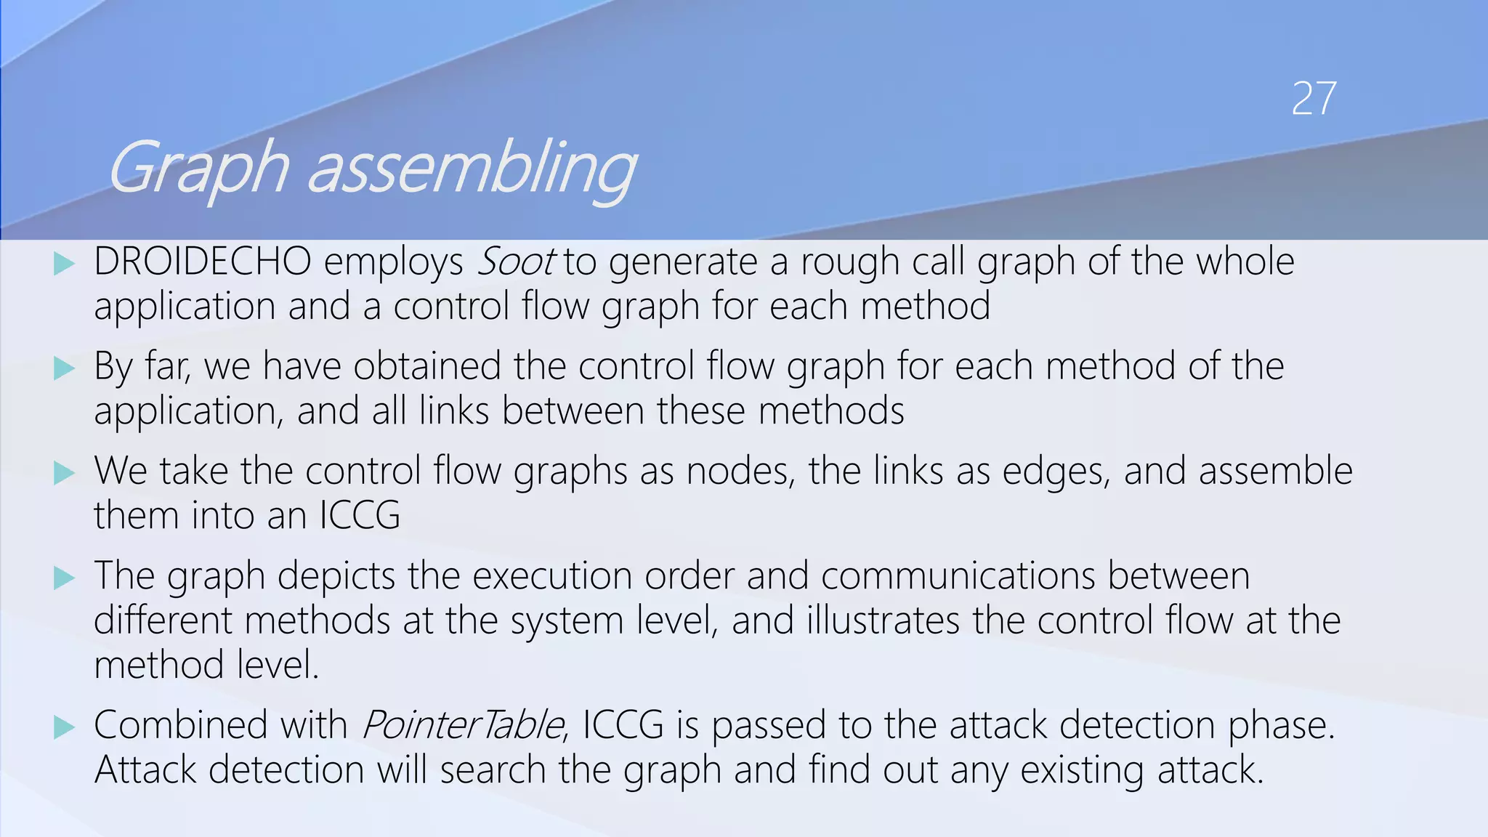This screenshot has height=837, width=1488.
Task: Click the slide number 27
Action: pos(1313,99)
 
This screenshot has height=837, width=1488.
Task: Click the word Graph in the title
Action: pos(198,169)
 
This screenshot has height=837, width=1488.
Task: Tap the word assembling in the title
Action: pos(472,169)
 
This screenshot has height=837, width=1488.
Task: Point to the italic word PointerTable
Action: pos(462,725)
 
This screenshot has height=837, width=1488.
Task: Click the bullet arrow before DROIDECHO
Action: pos(65,264)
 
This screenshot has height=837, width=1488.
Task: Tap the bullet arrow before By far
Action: pos(65,368)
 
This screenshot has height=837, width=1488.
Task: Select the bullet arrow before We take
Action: pos(65,473)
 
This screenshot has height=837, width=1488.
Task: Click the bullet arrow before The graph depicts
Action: pos(65,578)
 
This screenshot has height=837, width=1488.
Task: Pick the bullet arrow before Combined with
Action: pos(65,727)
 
